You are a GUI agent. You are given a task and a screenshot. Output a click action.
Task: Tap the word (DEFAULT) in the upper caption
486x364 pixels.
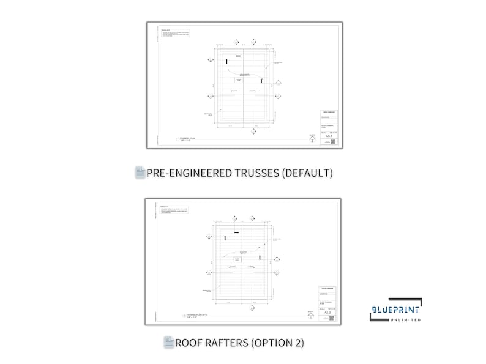tap(307, 173)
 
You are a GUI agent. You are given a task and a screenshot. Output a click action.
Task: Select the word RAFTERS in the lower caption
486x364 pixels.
tap(223, 343)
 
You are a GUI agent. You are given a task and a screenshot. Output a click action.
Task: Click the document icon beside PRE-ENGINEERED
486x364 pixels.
tap(140, 173)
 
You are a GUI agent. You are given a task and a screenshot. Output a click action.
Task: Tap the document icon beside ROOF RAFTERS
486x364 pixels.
tap(169, 343)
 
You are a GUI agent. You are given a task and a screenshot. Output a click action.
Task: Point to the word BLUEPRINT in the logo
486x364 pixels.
tap(395, 311)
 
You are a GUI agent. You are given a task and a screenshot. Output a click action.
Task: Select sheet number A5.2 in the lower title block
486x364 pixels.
tap(329, 312)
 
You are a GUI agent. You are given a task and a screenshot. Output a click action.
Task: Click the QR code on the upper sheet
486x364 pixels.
tap(327, 142)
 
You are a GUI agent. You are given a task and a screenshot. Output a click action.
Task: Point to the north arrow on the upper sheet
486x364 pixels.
tap(312, 138)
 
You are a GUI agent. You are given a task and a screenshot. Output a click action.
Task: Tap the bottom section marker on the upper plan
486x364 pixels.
tap(253, 131)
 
